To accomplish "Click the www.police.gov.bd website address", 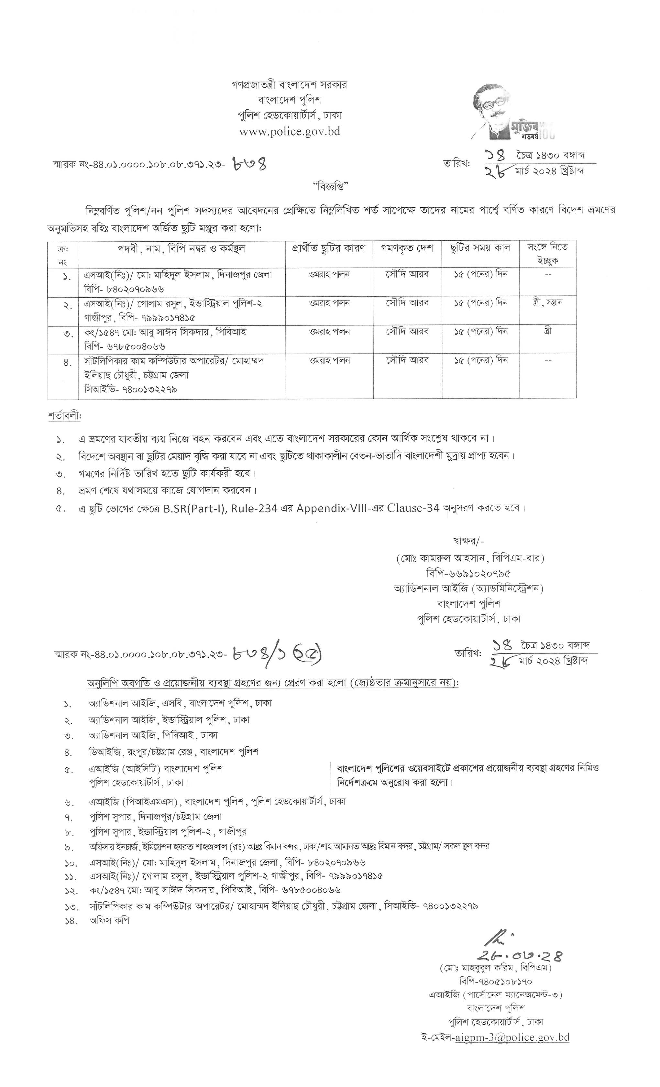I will pyautogui.click(x=290, y=131).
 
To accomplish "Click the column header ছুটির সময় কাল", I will pyautogui.click(x=480, y=248).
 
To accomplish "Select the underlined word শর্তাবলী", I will pyautogui.click(x=64, y=416).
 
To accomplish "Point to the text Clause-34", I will pyautogui.click(x=413, y=508).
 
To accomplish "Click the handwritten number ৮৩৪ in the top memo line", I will pyautogui.click(x=250, y=165).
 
